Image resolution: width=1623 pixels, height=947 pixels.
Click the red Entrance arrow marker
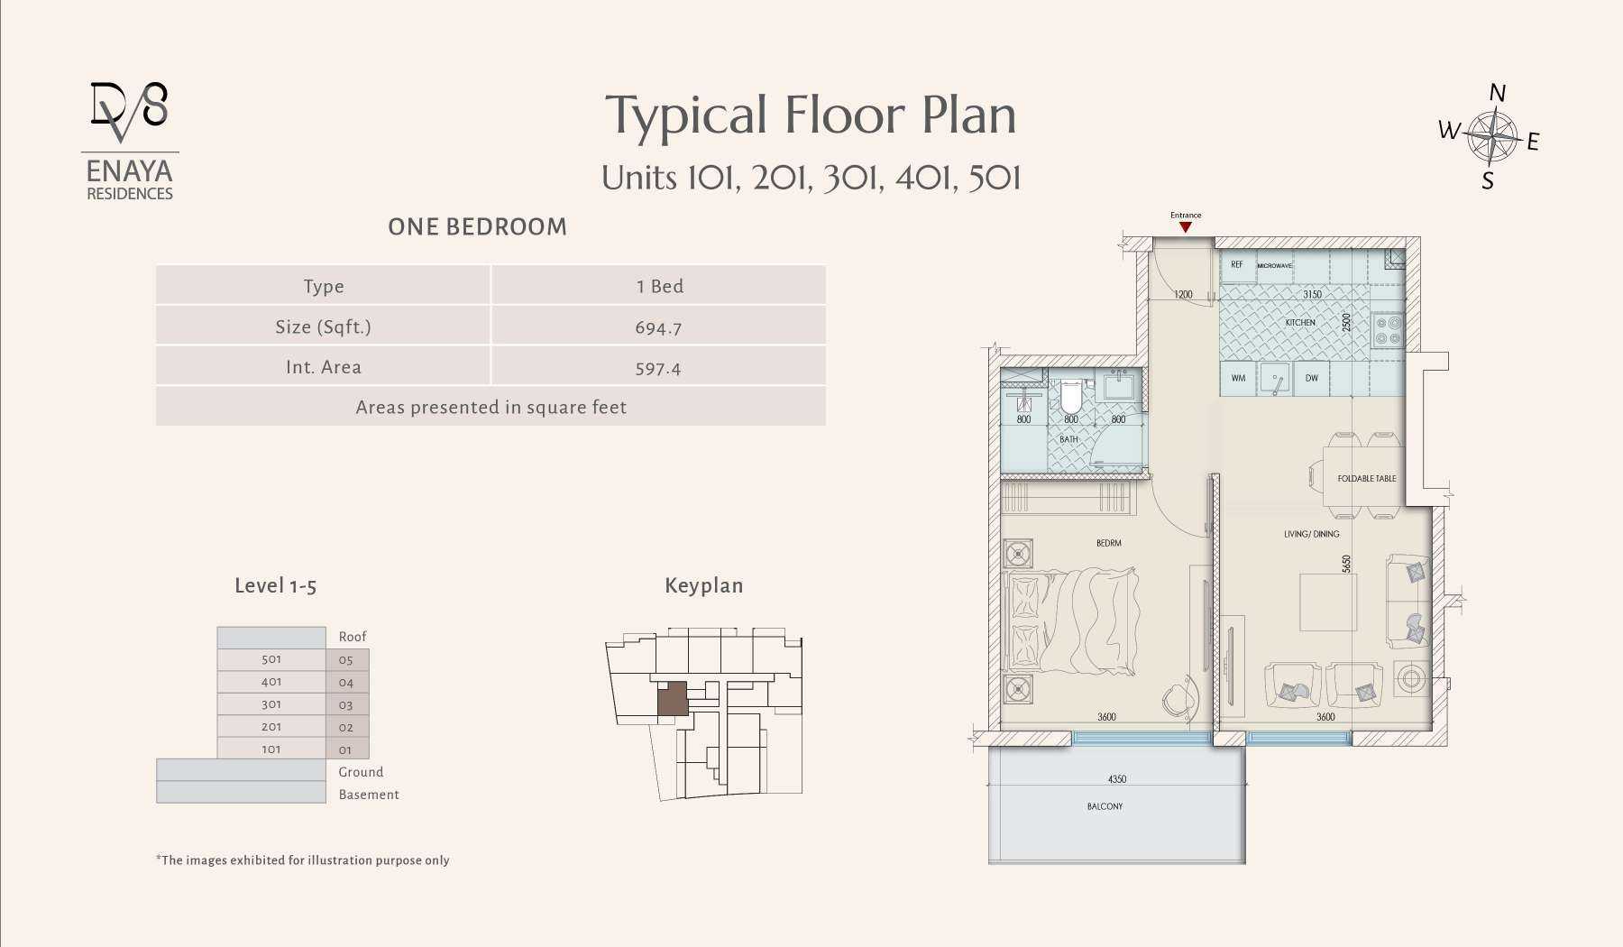pos(1186,227)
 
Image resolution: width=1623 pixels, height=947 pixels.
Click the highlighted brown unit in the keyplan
pos(672,699)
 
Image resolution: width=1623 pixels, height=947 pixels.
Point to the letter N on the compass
pos(1497,93)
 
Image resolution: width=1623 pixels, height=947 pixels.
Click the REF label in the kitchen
pos(1236,265)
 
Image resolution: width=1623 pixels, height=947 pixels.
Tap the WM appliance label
pos(1238,378)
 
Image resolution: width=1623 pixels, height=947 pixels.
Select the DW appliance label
pos(1311,378)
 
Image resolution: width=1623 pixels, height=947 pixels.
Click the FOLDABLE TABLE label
pos(1366,479)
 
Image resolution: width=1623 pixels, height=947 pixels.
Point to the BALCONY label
pos(1105,806)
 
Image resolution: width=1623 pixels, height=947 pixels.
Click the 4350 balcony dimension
pos(1117,779)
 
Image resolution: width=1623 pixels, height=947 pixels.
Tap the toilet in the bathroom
pos(1070,395)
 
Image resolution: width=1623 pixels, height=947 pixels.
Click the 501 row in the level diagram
pos(271,659)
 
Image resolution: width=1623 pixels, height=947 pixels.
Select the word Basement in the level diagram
pos(369,795)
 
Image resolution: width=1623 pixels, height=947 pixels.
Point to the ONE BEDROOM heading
pos(478,227)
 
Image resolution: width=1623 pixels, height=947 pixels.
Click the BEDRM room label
pos(1109,543)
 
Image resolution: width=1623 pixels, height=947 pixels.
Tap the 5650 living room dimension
pos(1346,564)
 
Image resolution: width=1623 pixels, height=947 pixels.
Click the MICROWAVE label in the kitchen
pos(1274,266)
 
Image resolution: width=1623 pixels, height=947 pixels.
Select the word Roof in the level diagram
pos(353,637)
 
